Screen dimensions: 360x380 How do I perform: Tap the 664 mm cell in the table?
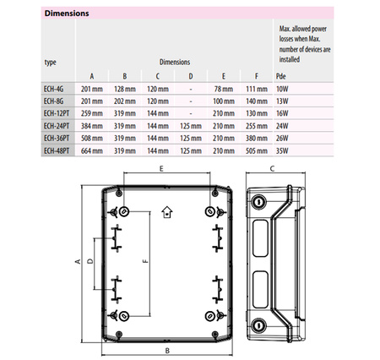coord(92,150)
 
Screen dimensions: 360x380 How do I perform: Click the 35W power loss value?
coord(283,150)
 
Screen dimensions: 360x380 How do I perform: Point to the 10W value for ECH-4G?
coord(283,89)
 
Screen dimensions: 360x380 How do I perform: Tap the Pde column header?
coord(282,76)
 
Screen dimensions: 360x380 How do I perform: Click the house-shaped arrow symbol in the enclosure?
coord(166,211)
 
